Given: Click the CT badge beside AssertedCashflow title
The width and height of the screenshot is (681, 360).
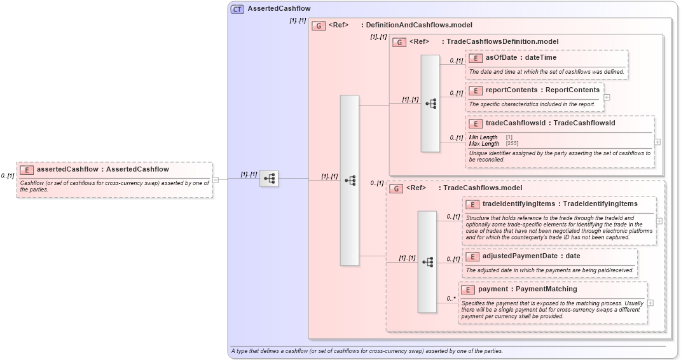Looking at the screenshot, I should point(237,9).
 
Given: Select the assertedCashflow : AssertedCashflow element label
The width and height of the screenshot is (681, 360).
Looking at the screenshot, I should point(103,169).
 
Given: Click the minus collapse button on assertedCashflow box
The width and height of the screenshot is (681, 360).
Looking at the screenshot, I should point(216,179).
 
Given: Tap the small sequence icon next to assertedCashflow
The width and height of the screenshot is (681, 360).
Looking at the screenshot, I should point(269,179).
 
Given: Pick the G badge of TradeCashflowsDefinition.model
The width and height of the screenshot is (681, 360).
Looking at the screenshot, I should point(399,42).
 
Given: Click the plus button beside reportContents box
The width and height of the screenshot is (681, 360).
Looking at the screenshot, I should point(607,97).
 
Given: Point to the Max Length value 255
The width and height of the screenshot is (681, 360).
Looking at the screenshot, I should point(512,144).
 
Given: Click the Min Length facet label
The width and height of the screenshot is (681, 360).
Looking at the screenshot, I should point(483,137).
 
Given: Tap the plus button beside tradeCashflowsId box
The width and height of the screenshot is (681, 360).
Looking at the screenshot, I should point(657,142).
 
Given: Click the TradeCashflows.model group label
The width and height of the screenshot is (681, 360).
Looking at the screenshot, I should point(482,188).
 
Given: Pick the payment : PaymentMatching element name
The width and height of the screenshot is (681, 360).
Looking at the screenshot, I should point(527,289).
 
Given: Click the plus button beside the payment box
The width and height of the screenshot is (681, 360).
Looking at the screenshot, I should point(650,303).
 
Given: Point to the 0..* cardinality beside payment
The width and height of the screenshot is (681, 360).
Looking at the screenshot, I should point(451,298).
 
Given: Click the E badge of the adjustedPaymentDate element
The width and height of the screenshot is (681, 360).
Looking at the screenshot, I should point(472,257).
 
